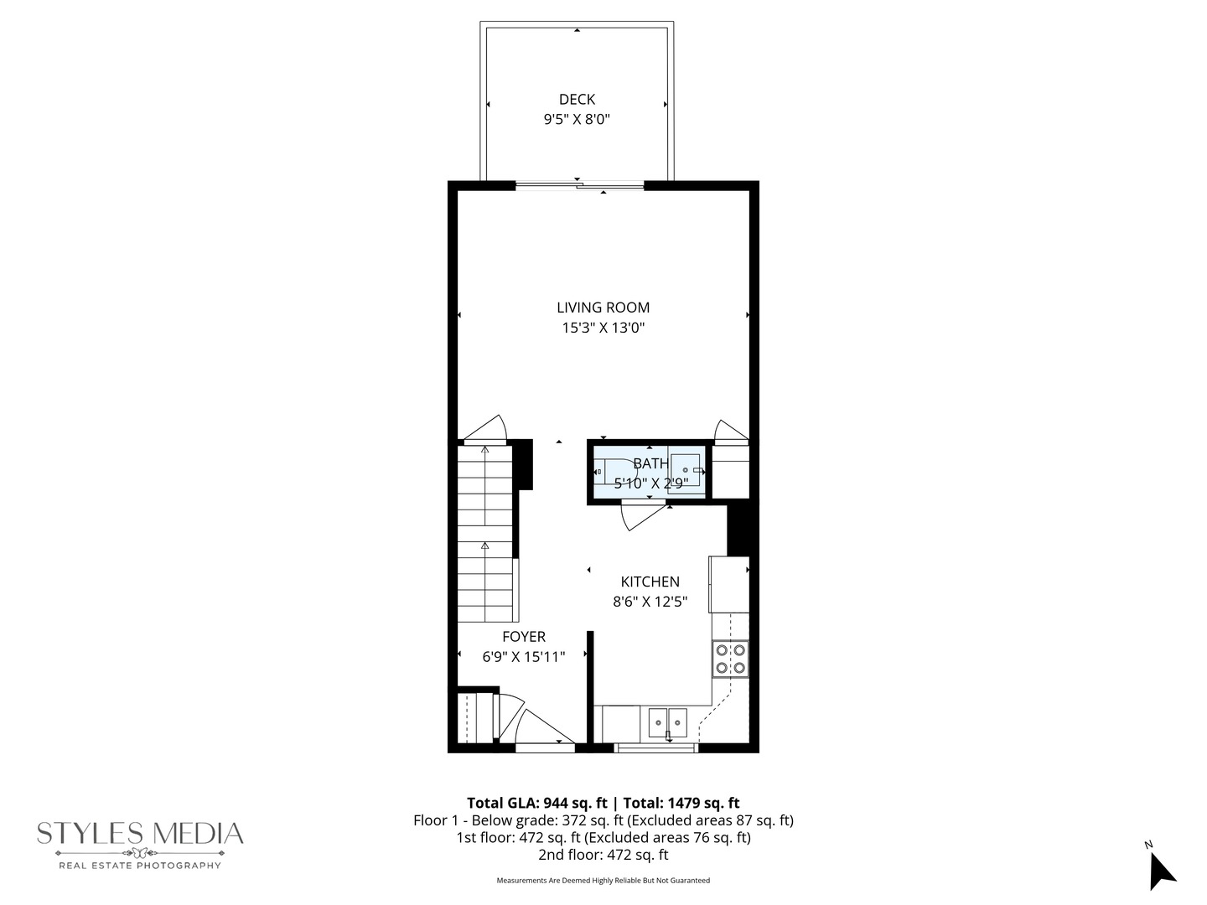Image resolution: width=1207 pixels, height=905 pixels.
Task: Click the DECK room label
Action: [x=577, y=100]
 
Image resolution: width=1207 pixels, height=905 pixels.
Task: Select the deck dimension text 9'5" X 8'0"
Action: [x=577, y=120]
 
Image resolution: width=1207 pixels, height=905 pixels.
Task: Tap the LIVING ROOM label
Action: [x=603, y=308]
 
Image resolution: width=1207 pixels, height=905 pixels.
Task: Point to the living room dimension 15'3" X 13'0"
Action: [x=603, y=328]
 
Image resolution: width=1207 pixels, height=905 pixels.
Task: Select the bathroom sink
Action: [x=686, y=472]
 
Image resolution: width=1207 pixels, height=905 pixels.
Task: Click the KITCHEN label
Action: [x=650, y=582]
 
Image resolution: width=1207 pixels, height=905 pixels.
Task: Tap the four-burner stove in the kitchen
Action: [x=729, y=659]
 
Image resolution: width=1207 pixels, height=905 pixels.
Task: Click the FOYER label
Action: [x=524, y=637]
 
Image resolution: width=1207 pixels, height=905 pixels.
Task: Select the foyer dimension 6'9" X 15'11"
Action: [x=524, y=658]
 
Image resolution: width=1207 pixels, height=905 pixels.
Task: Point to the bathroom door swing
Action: [x=639, y=515]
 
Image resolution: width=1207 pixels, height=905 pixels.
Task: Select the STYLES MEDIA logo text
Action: [x=140, y=833]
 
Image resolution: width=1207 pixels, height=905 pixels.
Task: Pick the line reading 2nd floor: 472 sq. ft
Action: [x=603, y=856]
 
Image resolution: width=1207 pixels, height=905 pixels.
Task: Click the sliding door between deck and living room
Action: [x=579, y=186]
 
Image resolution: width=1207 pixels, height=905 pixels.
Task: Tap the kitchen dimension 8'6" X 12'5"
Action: [x=650, y=602]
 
